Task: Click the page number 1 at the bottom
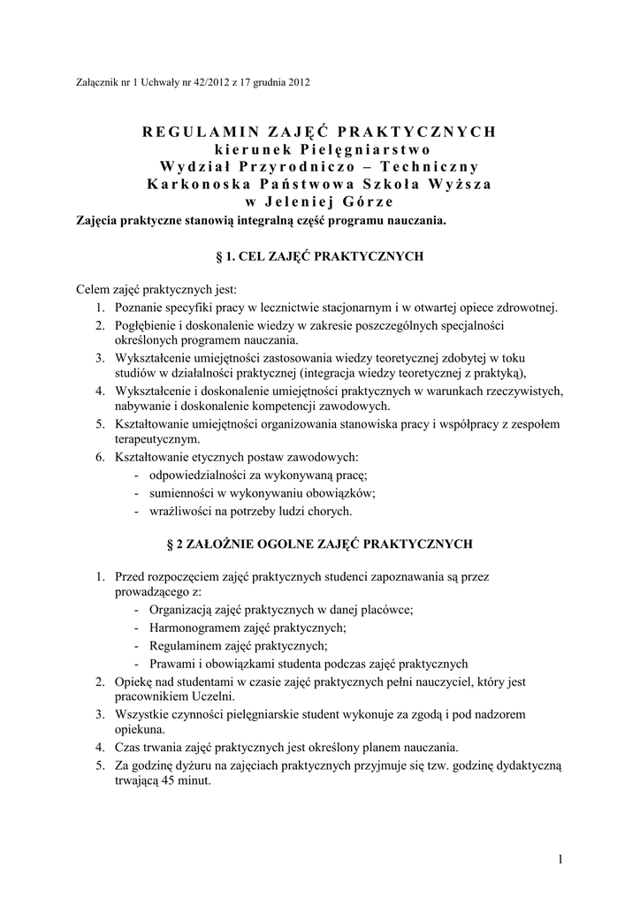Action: (561, 858)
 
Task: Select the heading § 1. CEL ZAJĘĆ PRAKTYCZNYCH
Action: (320, 256)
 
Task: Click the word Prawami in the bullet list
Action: (170, 663)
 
